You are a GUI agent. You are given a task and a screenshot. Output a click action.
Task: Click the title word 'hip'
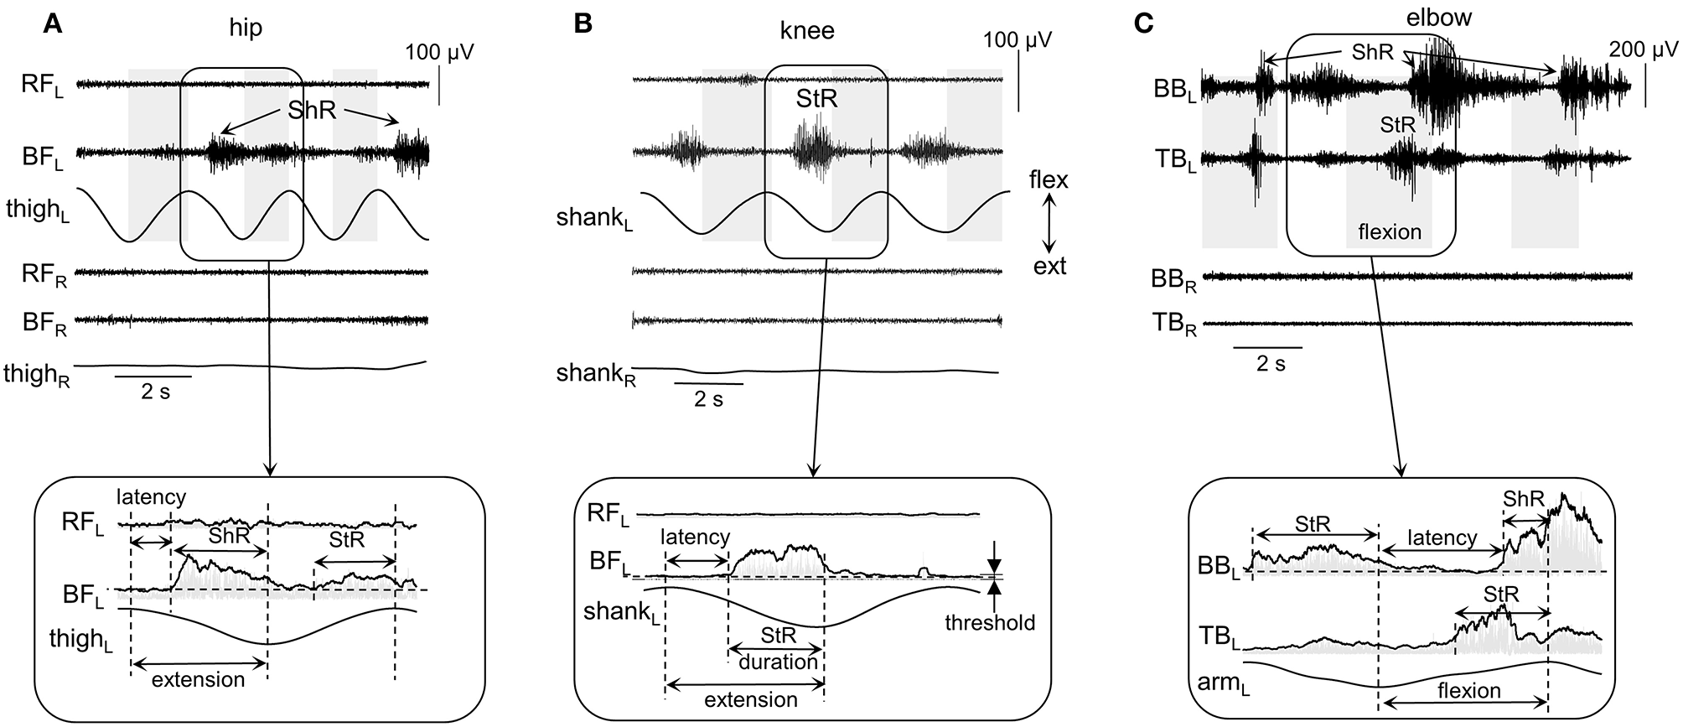246,28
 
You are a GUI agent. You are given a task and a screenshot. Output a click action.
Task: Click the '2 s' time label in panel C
1270,364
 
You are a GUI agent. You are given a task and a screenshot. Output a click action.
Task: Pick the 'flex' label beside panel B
1049,179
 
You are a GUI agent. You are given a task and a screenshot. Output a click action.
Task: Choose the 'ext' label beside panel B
1049,267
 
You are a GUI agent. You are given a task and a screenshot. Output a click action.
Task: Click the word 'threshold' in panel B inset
990,623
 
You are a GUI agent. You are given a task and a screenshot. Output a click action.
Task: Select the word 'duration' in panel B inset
778,662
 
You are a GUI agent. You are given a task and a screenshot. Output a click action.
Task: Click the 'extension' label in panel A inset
199,679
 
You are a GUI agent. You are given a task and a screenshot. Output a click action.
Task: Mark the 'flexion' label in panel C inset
1468,691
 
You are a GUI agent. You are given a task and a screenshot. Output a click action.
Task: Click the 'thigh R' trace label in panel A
37,374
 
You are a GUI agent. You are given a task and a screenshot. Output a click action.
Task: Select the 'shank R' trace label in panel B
596,374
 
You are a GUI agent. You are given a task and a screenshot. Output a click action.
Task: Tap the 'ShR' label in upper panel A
311,110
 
